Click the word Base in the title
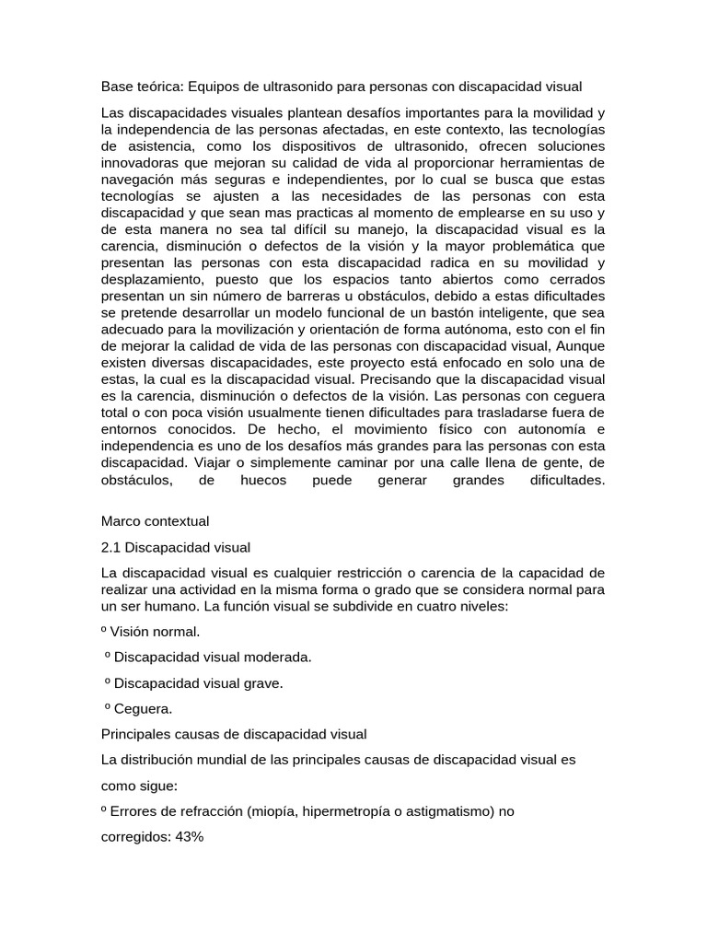pos(116,87)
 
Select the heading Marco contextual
pos(155,520)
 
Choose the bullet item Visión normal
pos(155,632)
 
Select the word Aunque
pos(578,345)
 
